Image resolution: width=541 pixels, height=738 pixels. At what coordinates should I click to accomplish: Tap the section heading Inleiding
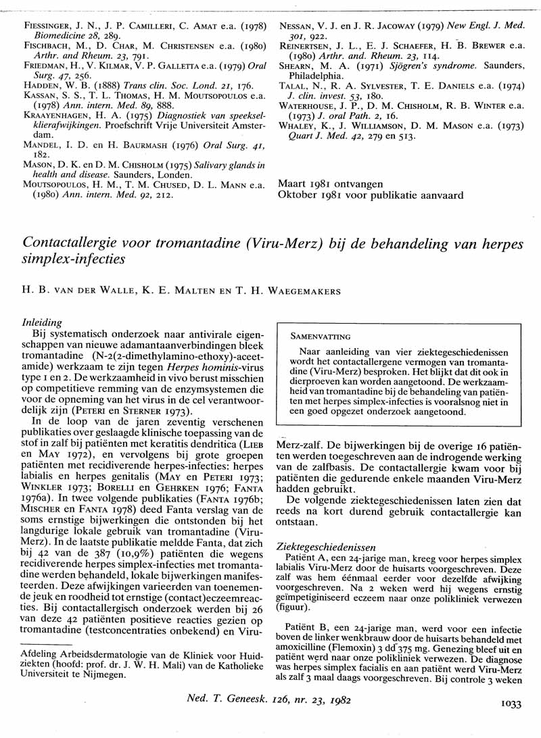42,324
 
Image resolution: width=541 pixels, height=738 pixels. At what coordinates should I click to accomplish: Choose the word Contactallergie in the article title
74,242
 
